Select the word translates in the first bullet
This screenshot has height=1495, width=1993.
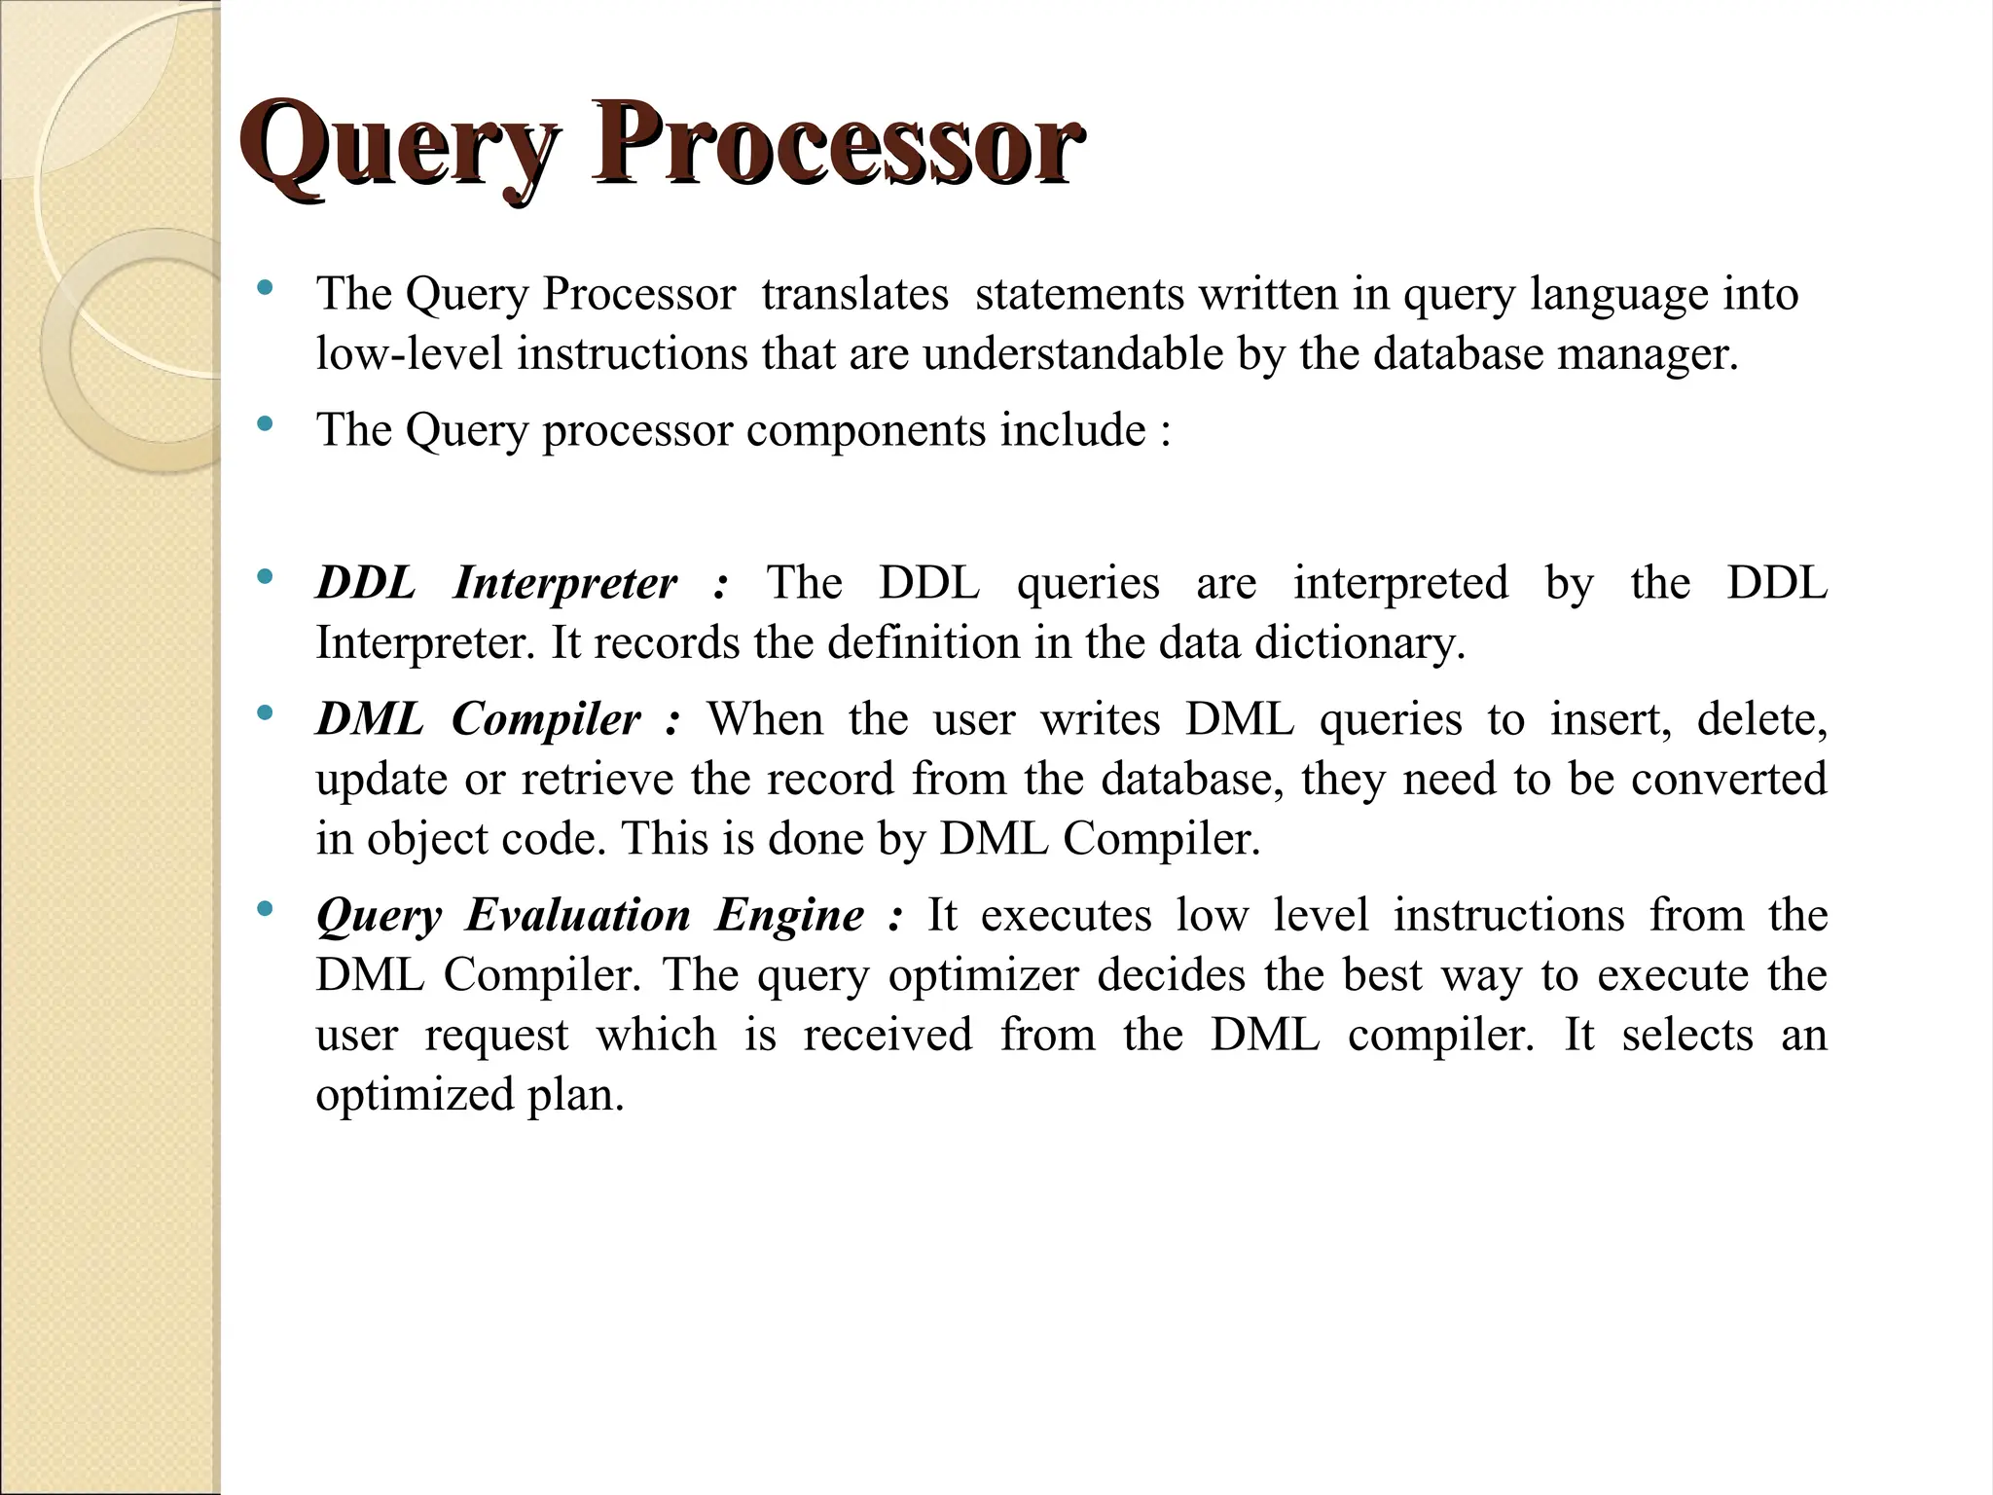click(x=854, y=294)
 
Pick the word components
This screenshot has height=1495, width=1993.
click(x=866, y=431)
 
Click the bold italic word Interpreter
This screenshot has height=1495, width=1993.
click(x=564, y=584)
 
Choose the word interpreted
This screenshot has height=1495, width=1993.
click(x=1400, y=584)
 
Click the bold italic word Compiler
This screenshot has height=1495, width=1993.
click(x=546, y=720)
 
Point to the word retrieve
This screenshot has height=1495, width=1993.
click(x=597, y=780)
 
